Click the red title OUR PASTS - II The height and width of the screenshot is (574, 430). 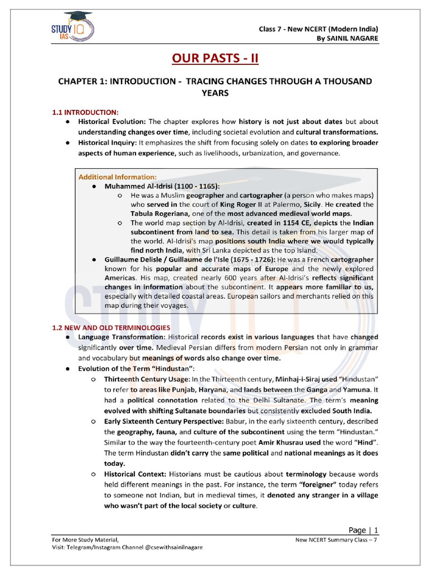[215, 58]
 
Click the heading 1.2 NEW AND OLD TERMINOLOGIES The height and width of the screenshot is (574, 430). [111, 327]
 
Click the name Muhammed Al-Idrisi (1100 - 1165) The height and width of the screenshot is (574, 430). [162, 186]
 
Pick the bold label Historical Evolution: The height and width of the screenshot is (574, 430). [112, 122]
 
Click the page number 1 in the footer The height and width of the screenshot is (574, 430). [376, 530]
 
